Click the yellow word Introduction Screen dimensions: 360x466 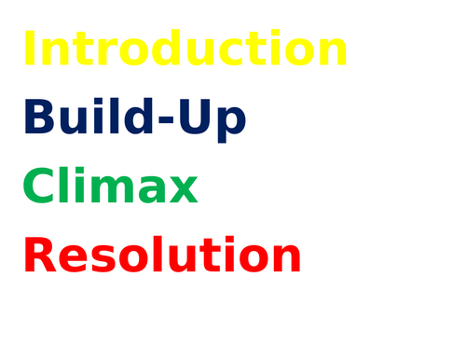click(x=185, y=49)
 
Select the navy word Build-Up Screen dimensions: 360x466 click(x=134, y=119)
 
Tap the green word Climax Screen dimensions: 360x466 click(x=110, y=187)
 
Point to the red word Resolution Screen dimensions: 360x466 click(x=162, y=256)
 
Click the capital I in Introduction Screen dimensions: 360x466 click(x=29, y=49)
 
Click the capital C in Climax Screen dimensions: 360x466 click(x=38, y=187)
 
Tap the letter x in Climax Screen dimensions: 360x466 click(x=182, y=191)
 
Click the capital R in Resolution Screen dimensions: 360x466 click(x=41, y=256)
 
